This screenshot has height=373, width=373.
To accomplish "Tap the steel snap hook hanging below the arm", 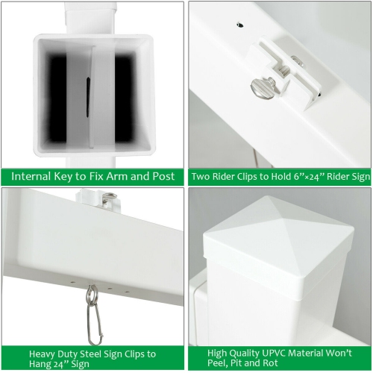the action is pyautogui.click(x=93, y=316).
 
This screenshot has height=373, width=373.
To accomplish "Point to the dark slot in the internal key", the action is pyautogui.click(x=88, y=97).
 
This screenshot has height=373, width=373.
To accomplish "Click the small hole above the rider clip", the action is pyautogui.click(x=240, y=25).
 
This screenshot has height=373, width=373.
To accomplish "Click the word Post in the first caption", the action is pyautogui.click(x=163, y=176).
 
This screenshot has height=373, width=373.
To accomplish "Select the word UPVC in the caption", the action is pyautogui.click(x=274, y=353).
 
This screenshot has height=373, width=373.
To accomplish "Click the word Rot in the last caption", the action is pyautogui.click(x=270, y=363).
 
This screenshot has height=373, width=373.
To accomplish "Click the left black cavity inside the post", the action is pyautogui.click(x=57, y=98).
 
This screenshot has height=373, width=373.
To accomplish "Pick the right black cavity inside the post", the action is pyautogui.click(x=125, y=98).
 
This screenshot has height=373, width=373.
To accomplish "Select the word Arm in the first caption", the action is pyautogui.click(x=117, y=176).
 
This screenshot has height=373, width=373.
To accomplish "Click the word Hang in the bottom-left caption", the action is pyautogui.click(x=40, y=364).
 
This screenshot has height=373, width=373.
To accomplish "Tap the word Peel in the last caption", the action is pyautogui.click(x=218, y=363).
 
